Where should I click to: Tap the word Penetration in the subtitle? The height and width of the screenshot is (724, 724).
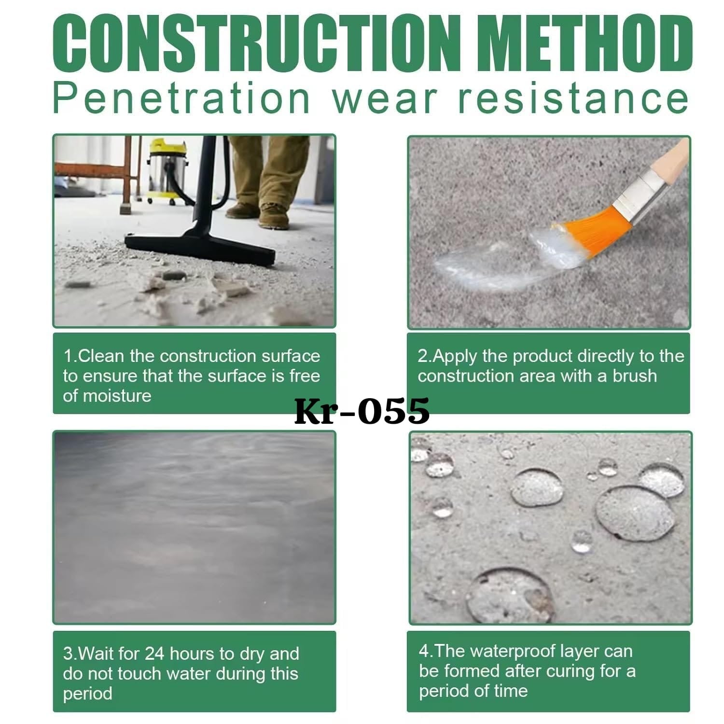(181, 99)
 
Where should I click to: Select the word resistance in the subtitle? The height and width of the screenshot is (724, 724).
(572, 99)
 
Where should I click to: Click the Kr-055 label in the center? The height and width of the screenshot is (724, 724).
(362, 411)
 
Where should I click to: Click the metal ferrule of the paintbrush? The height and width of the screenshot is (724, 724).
(637, 195)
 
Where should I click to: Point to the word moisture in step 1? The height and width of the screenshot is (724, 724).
(117, 396)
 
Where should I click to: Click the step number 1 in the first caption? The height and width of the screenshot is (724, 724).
(68, 356)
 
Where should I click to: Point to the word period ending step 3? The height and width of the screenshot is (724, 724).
(87, 694)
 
